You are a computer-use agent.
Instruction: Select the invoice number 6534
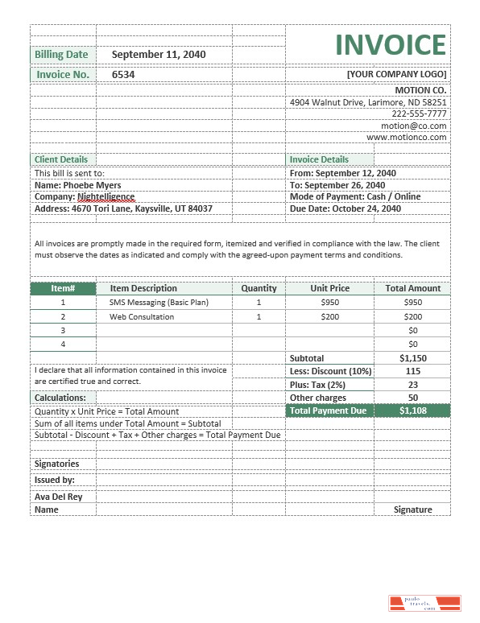(123, 74)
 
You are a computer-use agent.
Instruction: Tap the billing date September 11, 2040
(159, 54)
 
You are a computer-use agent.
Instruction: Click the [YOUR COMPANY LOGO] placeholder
(396, 74)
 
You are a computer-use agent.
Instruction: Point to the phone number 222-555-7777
(419, 113)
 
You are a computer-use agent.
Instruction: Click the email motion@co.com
(413, 126)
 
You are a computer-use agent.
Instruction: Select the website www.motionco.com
(406, 137)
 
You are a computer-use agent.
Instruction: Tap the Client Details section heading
(60, 159)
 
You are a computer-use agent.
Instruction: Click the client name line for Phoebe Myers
(78, 184)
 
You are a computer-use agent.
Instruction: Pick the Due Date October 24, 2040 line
(345, 208)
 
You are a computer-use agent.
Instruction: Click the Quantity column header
(259, 288)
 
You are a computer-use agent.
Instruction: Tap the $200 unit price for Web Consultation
(329, 317)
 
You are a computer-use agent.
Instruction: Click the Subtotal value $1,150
(413, 358)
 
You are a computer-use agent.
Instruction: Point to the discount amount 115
(413, 371)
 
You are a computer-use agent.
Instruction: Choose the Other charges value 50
(413, 398)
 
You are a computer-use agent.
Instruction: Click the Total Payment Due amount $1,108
(413, 411)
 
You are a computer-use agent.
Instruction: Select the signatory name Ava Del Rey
(58, 497)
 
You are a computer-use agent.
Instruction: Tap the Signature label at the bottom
(413, 510)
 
